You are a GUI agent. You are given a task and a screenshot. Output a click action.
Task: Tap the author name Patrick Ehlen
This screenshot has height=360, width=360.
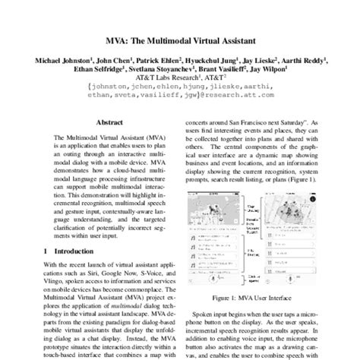click(x=156, y=60)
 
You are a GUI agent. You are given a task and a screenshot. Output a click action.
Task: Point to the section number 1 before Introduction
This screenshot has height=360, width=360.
click(x=46, y=271)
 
